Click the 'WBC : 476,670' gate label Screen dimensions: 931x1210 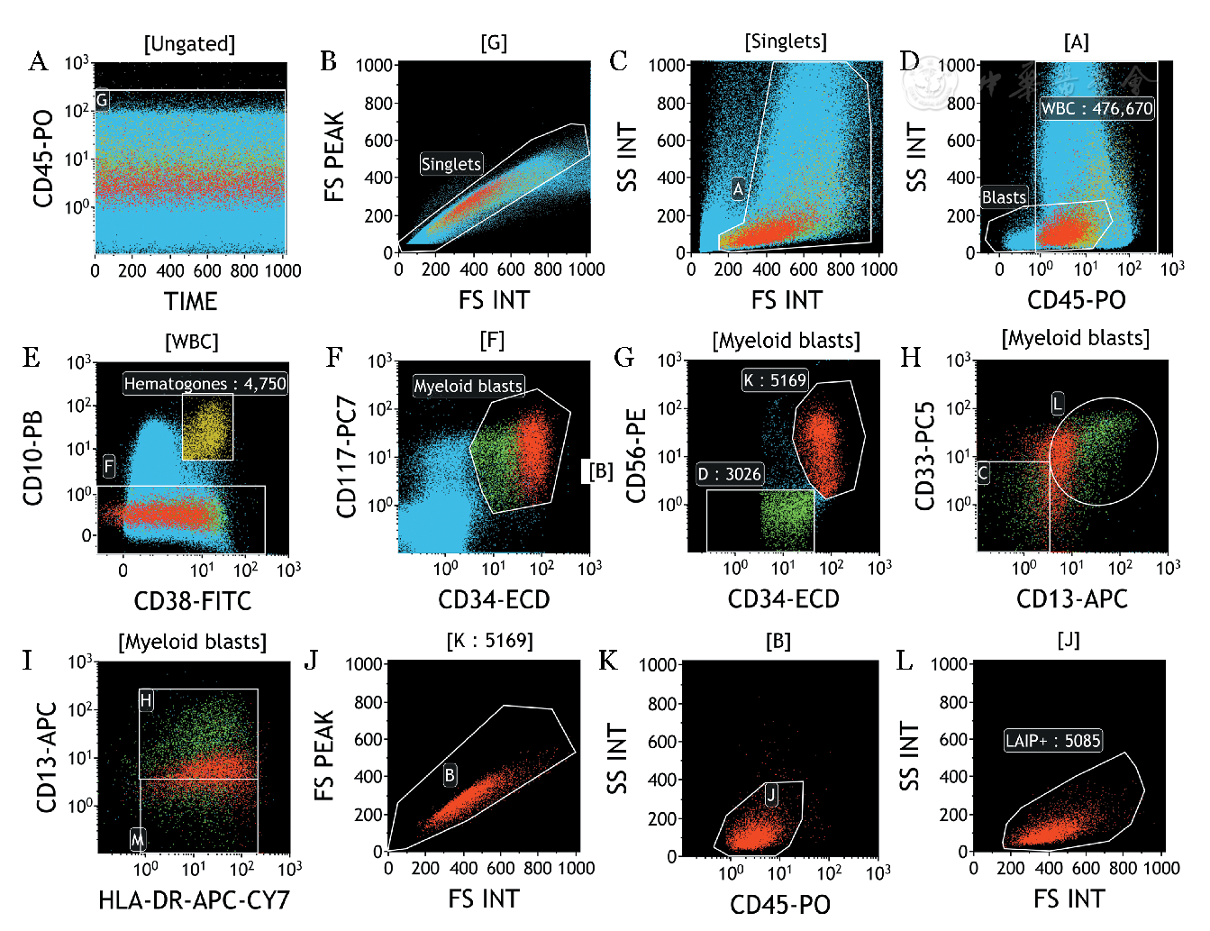tap(1096, 108)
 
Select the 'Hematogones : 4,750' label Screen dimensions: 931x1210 tap(205, 384)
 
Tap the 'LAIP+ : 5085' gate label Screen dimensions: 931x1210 tap(1053, 741)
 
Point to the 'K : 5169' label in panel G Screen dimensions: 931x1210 tap(775, 380)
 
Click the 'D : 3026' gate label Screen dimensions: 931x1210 tap(730, 474)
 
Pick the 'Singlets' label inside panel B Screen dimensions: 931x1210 tap(451, 164)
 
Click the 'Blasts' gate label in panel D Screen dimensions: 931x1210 tap(1004, 197)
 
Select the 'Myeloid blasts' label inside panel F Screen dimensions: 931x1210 tap(469, 386)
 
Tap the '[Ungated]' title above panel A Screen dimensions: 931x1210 tap(189, 43)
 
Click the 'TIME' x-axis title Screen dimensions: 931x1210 tap(190, 301)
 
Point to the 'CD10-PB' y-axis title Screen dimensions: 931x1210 tap(33, 446)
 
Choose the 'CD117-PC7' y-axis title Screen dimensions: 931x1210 tap(347, 457)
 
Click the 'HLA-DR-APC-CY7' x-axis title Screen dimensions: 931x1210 tap(194, 899)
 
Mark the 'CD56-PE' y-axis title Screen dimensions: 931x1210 tap(637, 455)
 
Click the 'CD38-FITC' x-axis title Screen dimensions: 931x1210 tap(193, 601)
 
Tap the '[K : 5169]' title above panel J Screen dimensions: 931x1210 tap(489, 641)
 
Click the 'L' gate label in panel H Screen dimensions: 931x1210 tap(1058, 403)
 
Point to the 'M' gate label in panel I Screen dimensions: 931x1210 tap(137, 840)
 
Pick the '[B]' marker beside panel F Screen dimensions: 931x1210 tap(601, 470)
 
